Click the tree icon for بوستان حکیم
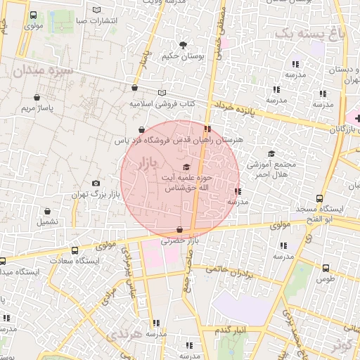click(184, 45)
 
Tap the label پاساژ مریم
click(37, 109)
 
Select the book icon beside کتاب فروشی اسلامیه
click(163, 92)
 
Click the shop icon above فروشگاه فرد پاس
click(142, 130)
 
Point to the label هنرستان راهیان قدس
click(214, 141)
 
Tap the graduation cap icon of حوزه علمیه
click(186, 167)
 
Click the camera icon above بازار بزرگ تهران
click(96, 183)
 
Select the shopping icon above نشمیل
click(48, 211)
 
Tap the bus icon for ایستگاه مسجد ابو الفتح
click(319, 199)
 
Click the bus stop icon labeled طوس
click(325, 268)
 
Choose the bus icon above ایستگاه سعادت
click(3, 261)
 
